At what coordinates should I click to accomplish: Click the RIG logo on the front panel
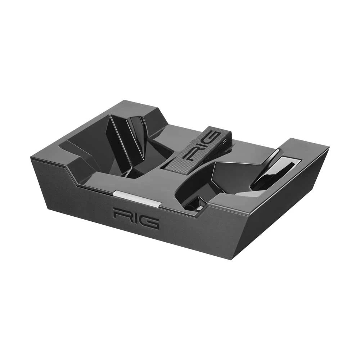click(x=136, y=218)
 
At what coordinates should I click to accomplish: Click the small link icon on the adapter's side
click(x=225, y=142)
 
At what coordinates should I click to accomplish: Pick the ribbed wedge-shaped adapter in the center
click(x=200, y=151)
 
